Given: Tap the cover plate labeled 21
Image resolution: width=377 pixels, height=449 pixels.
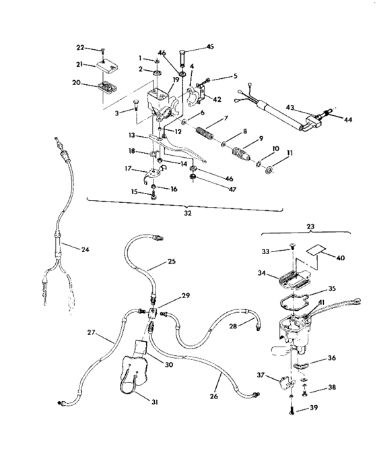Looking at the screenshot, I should tap(105, 65).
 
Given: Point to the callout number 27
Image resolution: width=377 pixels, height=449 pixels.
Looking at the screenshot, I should tap(92, 332).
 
